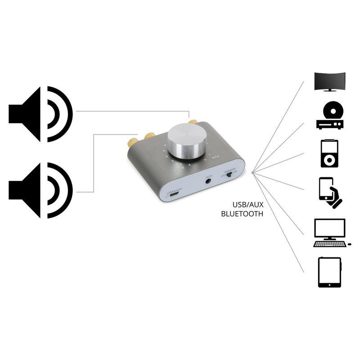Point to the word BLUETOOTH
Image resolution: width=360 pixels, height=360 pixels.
[242, 214]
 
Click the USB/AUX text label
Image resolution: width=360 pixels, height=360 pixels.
[247, 205]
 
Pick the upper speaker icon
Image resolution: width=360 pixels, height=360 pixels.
[40, 114]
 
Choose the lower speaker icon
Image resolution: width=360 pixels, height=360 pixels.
[40, 190]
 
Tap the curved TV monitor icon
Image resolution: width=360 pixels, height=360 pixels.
[330, 82]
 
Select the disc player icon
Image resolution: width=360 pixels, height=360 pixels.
[329, 116]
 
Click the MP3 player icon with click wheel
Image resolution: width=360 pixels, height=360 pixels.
[329, 153]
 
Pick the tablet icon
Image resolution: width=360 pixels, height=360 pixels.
[329, 272]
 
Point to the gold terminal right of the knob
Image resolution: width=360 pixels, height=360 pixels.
[193, 121]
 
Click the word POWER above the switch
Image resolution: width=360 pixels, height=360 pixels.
[231, 170]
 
